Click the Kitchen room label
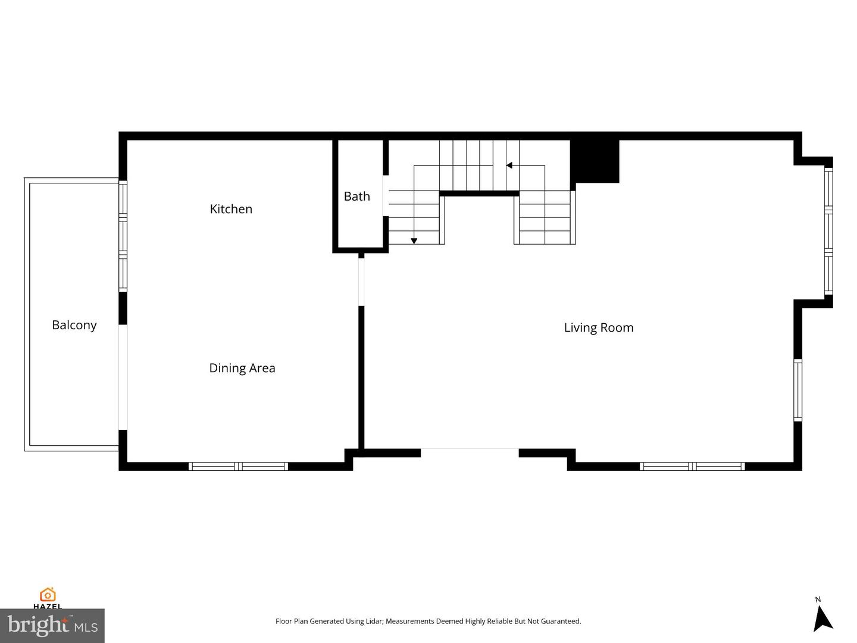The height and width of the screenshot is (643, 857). coord(231,209)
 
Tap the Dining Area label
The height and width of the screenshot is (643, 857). coord(242,368)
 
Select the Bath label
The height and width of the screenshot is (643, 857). coord(357,196)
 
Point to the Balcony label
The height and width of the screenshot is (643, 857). coord(74,325)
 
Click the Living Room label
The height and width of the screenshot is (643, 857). coord(599,327)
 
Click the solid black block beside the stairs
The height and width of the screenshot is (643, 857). coord(595,161)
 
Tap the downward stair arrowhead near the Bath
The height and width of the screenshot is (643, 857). coord(414,241)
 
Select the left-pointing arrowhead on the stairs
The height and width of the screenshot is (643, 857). coord(509,166)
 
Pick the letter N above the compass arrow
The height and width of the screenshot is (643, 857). coord(818,600)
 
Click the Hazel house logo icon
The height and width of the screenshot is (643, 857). coord(48,595)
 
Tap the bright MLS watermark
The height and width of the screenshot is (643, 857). coord(52,625)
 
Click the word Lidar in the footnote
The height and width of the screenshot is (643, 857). coord(374,621)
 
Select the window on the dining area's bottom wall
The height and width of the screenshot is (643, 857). coord(238,466)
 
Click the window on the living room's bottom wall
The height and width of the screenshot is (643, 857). coord(692,466)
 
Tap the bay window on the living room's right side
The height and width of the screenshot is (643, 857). coord(828,231)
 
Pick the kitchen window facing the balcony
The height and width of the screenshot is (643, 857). coord(123,236)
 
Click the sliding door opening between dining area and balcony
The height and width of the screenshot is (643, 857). coord(123,377)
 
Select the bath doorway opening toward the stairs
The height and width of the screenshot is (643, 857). coord(386,196)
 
